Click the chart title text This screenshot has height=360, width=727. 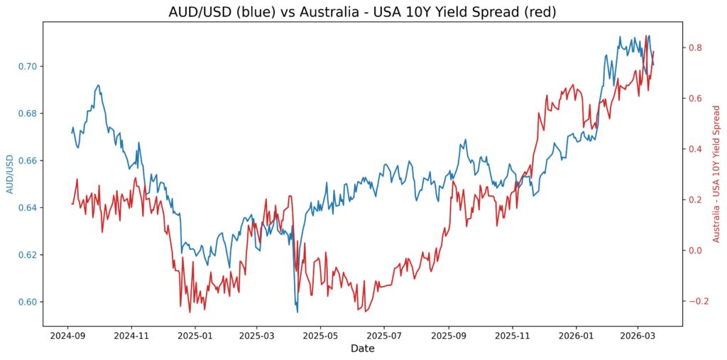[x=363, y=11]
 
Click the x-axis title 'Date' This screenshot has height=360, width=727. [x=363, y=349]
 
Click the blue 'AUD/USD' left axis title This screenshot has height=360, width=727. [x=10, y=175]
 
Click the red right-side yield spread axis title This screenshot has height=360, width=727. [x=716, y=174]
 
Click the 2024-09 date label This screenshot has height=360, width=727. [x=68, y=334]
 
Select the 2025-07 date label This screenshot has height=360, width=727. [x=383, y=334]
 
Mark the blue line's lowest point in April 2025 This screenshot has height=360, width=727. [x=297, y=312]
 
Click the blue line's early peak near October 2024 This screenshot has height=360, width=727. [x=98, y=84]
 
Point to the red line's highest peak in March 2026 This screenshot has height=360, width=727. [x=646, y=35]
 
